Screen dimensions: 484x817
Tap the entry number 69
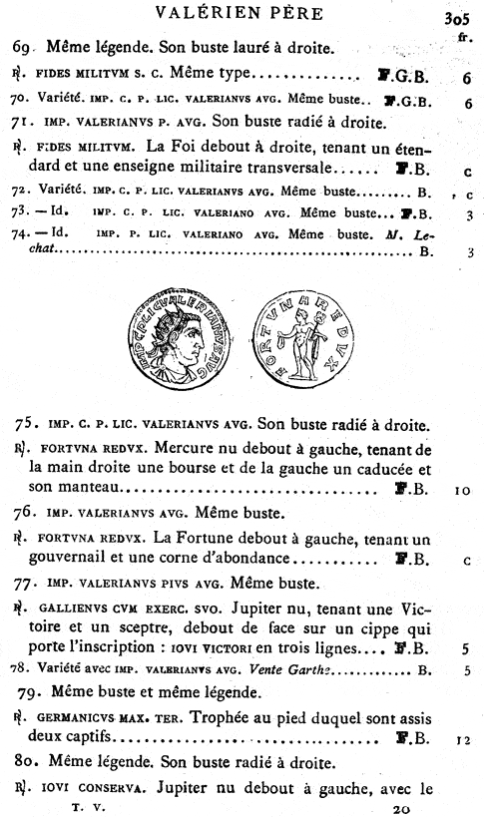tap(23, 47)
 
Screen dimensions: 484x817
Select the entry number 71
tap(23, 124)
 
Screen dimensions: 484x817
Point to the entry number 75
tap(28, 426)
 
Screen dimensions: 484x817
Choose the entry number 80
tap(28, 763)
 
